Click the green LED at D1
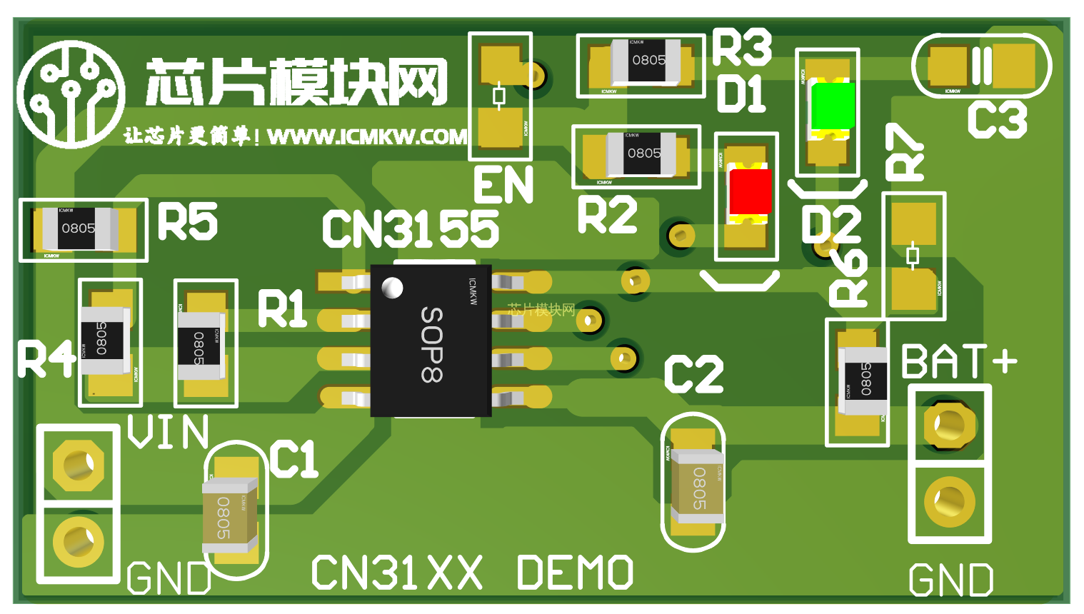click(831, 106)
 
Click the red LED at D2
click(750, 191)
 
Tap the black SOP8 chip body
click(431, 341)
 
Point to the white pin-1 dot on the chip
click(392, 288)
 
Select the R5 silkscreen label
click(187, 221)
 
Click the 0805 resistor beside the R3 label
click(648, 61)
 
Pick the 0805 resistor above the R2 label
click(642, 153)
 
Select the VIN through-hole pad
click(78, 465)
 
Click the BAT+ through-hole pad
click(949, 426)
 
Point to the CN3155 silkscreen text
click(411, 230)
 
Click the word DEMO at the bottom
click(575, 573)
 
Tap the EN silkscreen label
click(503, 185)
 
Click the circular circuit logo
click(71, 94)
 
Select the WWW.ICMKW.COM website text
click(367, 136)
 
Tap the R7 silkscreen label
click(904, 152)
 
